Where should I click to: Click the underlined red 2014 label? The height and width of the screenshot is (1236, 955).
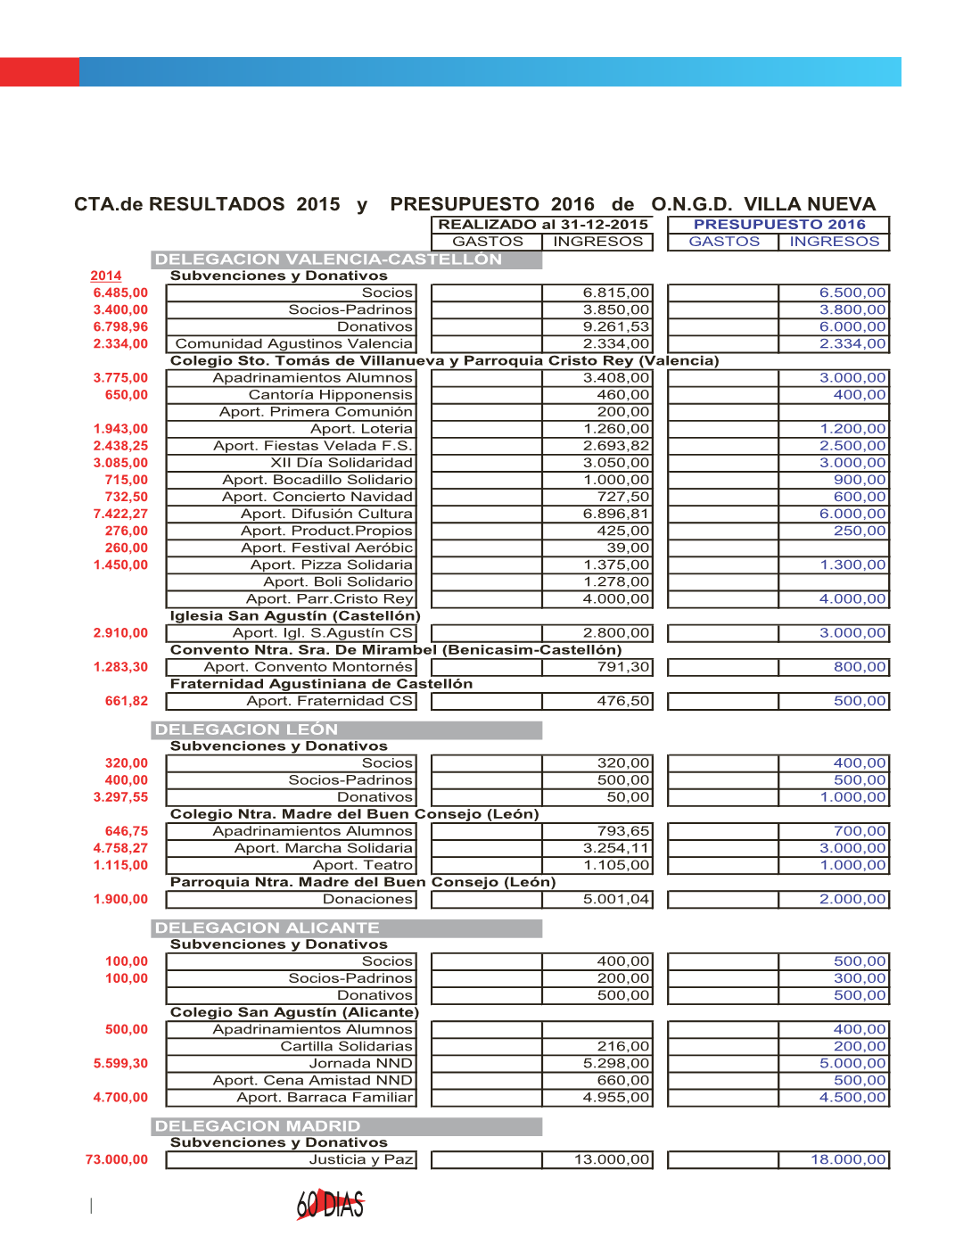pyautogui.click(x=105, y=276)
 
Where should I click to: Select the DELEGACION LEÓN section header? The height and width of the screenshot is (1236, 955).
pyautogui.click(x=246, y=729)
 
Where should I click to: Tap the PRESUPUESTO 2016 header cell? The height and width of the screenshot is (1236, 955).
pyautogui.click(x=778, y=225)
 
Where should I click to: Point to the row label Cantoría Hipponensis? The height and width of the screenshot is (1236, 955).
pyautogui.click(x=330, y=394)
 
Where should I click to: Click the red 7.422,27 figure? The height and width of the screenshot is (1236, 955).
pyautogui.click(x=120, y=514)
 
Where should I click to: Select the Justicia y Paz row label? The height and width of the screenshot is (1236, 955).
pyautogui.click(x=361, y=1159)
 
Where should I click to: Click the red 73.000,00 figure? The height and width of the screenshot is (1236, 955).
pyautogui.click(x=117, y=1159)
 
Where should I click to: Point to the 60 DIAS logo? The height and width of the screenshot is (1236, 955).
pyautogui.click(x=331, y=1205)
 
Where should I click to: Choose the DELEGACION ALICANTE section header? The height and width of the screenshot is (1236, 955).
pyautogui.click(x=267, y=927)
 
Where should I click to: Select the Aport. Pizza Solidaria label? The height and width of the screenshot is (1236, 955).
pyautogui.click(x=331, y=564)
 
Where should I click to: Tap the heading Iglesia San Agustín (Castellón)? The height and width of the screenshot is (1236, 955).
pyautogui.click(x=295, y=615)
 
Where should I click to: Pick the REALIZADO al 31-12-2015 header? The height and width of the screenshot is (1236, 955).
pyautogui.click(x=542, y=225)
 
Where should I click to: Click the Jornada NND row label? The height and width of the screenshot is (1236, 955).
pyautogui.click(x=360, y=1063)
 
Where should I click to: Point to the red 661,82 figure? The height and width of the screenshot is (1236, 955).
pyautogui.click(x=127, y=701)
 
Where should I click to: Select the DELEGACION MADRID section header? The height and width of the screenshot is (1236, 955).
pyautogui.click(x=257, y=1126)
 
